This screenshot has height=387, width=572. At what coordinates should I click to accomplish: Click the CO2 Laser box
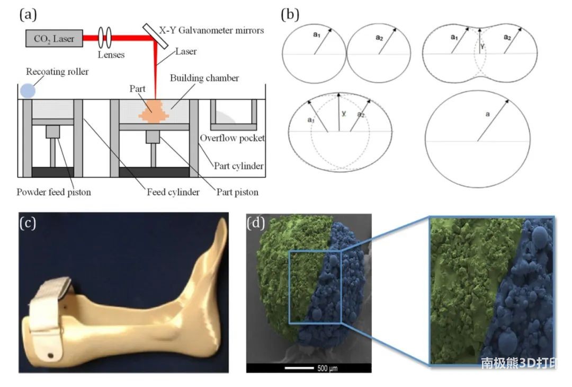[x=54, y=38]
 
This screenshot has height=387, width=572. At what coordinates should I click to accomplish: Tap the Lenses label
[x=111, y=55]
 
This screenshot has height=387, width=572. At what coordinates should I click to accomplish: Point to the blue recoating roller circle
[x=28, y=91]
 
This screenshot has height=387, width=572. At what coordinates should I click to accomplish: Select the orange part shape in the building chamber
[x=154, y=111]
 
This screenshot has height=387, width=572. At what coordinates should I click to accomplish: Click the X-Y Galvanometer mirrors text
[x=211, y=30]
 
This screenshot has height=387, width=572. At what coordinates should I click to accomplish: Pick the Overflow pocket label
[x=232, y=138]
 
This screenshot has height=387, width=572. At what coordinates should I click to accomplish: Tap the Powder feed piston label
[x=53, y=192]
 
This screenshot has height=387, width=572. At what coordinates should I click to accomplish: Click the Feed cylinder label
[x=173, y=192]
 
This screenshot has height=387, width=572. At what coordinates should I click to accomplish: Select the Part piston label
[x=237, y=192]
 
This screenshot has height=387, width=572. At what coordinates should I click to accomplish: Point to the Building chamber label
[x=204, y=78]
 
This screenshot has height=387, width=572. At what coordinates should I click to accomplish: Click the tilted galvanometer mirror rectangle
[x=155, y=36]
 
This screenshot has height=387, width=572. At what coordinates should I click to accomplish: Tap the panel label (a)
[x=28, y=15]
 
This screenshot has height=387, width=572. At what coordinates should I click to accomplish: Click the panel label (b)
[x=290, y=15]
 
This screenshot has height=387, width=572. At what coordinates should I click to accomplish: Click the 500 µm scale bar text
[x=327, y=368]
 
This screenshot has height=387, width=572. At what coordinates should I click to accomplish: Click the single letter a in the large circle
[x=488, y=115]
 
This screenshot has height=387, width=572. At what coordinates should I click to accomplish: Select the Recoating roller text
[x=57, y=72]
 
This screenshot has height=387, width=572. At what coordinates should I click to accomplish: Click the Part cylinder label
[x=238, y=166]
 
